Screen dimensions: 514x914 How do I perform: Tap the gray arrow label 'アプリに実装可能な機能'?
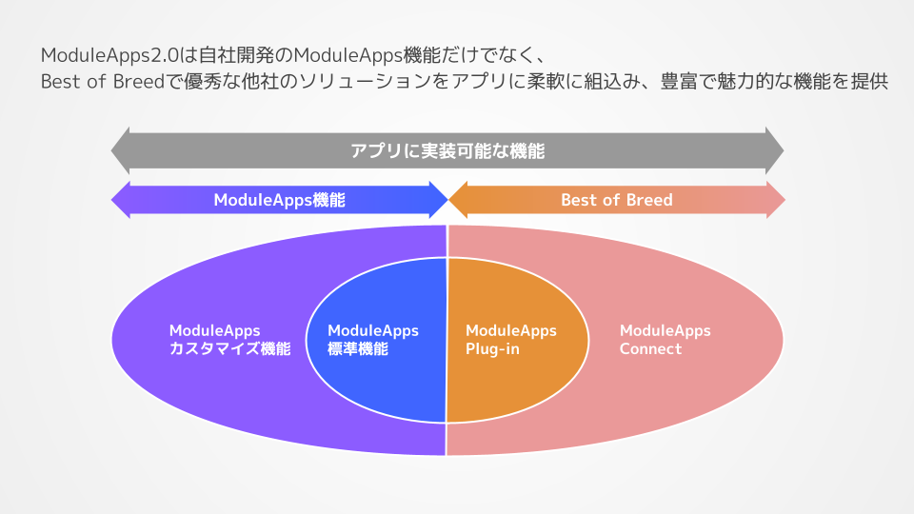pos(447,150)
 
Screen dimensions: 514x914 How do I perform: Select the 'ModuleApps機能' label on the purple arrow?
pos(279,200)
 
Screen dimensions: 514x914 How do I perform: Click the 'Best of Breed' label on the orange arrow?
pos(616,200)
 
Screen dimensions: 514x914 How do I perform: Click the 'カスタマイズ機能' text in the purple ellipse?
pos(229,349)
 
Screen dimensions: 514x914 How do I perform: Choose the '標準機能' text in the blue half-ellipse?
pos(358,349)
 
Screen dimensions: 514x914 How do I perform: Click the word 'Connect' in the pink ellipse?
pos(651,349)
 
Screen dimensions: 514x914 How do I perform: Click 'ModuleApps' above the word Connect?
pos(666,331)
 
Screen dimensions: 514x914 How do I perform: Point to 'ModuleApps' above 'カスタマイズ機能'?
pos(215,331)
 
